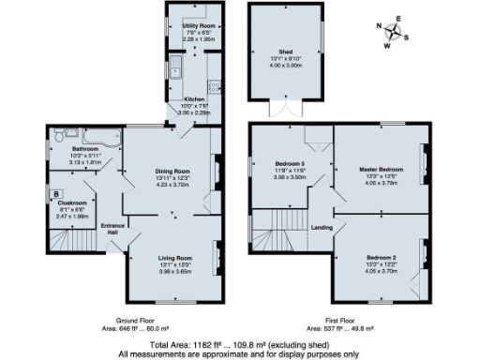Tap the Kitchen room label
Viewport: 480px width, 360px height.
click(195, 98)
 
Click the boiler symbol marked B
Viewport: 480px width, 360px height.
click(56, 194)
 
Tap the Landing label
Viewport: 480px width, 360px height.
click(321, 227)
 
